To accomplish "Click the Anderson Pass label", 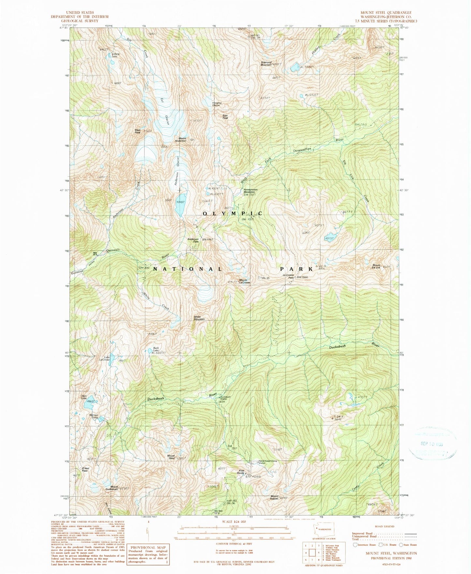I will point(193,240).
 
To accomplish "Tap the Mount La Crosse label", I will point(244,281).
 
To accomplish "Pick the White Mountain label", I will point(199,318).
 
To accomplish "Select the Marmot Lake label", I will point(94,416).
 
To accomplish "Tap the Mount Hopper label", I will point(274,497).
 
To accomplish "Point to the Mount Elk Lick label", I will point(376,266).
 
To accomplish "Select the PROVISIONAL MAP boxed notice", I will point(148,554).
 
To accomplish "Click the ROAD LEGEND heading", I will point(385,526).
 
